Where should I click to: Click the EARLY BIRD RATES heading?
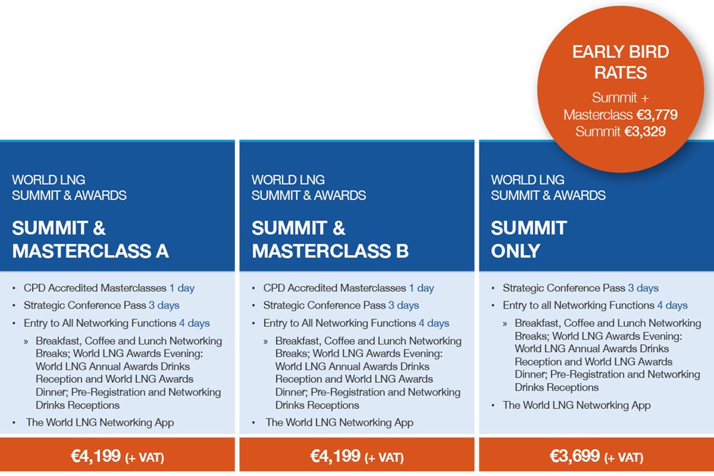pyautogui.click(x=620, y=62)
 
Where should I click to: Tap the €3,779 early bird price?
pyautogui.click(x=656, y=114)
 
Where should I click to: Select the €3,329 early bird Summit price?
pyautogui.click(x=645, y=131)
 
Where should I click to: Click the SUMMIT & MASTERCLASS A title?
pyautogui.click(x=90, y=240)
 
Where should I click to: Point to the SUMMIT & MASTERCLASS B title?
pyautogui.click(x=330, y=240)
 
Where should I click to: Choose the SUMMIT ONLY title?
pyautogui.click(x=528, y=240)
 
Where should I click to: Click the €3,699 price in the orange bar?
pyautogui.click(x=575, y=455)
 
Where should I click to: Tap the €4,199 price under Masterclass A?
pyautogui.click(x=96, y=455)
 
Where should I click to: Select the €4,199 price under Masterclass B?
pyautogui.click(x=335, y=455)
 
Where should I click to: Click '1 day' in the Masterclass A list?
pyautogui.click(x=182, y=288)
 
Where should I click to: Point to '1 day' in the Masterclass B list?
pyautogui.click(x=421, y=288)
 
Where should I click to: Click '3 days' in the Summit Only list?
pyautogui.click(x=643, y=288)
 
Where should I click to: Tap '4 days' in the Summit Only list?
pyautogui.click(x=672, y=305)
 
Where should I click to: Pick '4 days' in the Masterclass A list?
pyautogui.click(x=194, y=323)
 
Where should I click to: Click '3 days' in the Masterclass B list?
pyautogui.click(x=403, y=305)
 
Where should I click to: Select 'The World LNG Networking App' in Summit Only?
pyautogui.click(x=577, y=406)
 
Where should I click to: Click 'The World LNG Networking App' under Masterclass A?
pyautogui.click(x=100, y=422)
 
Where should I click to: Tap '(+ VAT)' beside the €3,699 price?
pyautogui.click(x=624, y=457)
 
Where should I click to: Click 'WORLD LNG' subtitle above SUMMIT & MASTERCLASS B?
pyautogui.click(x=288, y=179)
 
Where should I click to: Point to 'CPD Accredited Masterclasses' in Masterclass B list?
pyautogui.click(x=334, y=288)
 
